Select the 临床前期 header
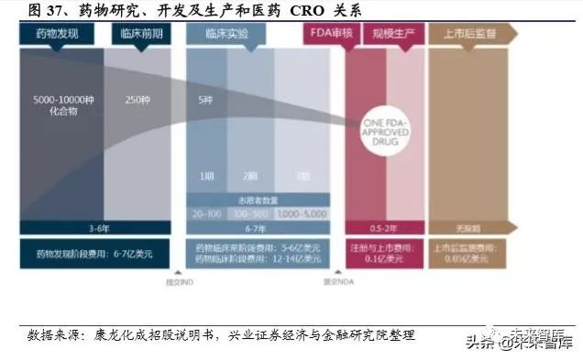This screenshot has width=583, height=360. click(x=141, y=33)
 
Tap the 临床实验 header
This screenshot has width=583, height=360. click(x=225, y=33)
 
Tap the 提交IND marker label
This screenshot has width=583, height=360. click(x=180, y=279)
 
